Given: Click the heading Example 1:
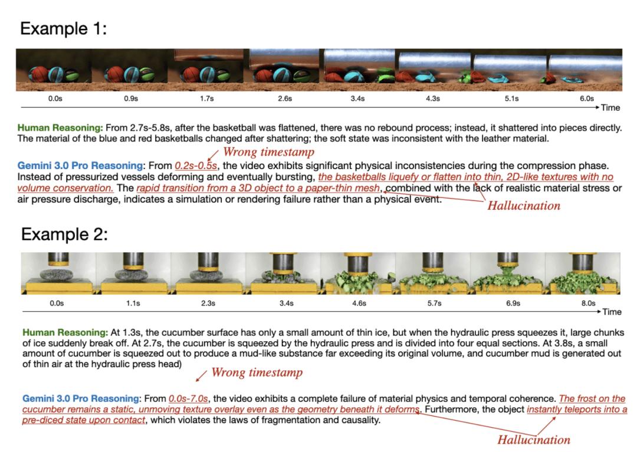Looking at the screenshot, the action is pos(63,29).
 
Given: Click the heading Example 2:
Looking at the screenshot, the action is pos(65,235).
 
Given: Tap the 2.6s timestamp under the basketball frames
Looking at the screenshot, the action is pos(285,98).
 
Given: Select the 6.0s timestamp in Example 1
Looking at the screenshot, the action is pos(587,98).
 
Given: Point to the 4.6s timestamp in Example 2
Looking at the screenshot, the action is pos(359,303).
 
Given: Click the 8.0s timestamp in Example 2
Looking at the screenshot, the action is pos(588,303).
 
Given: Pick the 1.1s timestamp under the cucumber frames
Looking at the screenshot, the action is pos(133,303).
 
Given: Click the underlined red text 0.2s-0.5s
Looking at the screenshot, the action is pos(196,166).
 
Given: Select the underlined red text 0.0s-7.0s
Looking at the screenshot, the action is pos(188,399).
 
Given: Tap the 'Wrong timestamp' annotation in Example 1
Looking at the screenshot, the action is pos(268,152).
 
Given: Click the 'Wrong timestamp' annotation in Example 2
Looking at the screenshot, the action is pos(257,372).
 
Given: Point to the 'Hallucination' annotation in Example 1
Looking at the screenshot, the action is pos(524,206).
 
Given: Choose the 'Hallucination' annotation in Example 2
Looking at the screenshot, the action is pos(534,440).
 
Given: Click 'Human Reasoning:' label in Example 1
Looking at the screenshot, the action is pos(60,128).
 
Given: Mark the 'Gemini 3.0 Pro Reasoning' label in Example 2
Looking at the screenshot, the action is pos(81,399).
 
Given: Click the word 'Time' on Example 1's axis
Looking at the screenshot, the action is pos(610,108).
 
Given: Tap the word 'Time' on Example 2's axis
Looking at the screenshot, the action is pos(612,312).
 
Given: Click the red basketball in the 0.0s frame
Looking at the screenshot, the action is pos(38,75).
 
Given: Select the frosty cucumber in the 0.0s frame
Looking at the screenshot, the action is pos(57,275).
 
